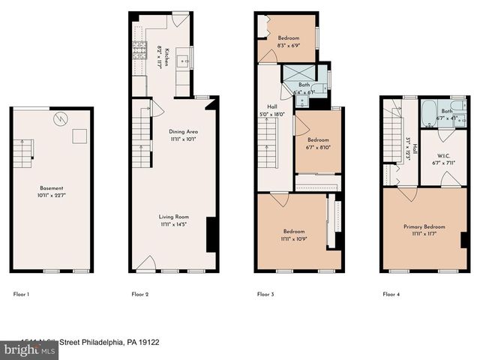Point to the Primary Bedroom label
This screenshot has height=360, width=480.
(424, 227)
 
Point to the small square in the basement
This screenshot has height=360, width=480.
(77, 136)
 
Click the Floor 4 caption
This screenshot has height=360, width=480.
(391, 295)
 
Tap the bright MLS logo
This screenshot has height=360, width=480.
(22, 349)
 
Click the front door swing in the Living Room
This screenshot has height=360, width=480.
(147, 263)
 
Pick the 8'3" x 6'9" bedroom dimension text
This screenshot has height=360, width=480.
(289, 46)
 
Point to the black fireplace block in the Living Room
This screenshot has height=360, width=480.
(211, 235)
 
